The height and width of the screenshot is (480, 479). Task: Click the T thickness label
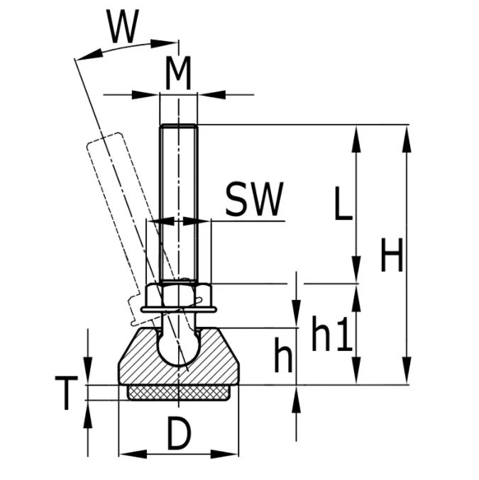click(65, 394)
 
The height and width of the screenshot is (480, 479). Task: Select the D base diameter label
click(180, 434)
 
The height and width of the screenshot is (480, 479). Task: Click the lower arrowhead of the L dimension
click(357, 273)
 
